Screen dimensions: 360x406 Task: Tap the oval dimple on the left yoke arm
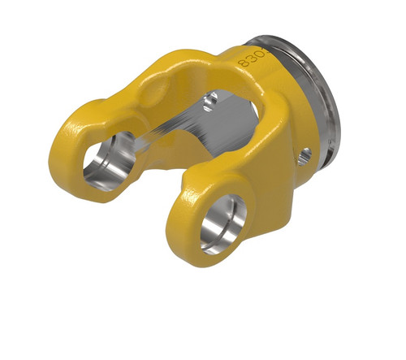(153, 97)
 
